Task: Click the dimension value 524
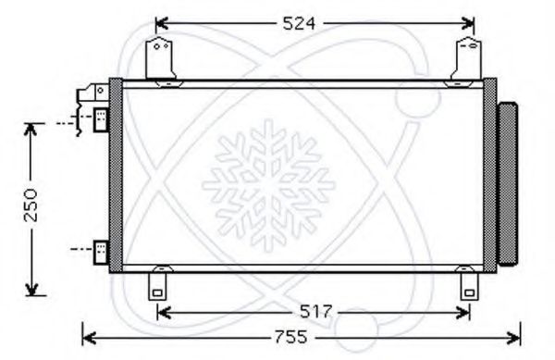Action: point(299,24)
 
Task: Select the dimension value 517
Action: point(316,312)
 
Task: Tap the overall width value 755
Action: point(291,337)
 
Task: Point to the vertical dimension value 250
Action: point(31,205)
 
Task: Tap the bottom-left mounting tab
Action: point(157,286)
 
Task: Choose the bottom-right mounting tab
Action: point(469,286)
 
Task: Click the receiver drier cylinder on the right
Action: point(508,184)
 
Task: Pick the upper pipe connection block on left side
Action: point(101,120)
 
